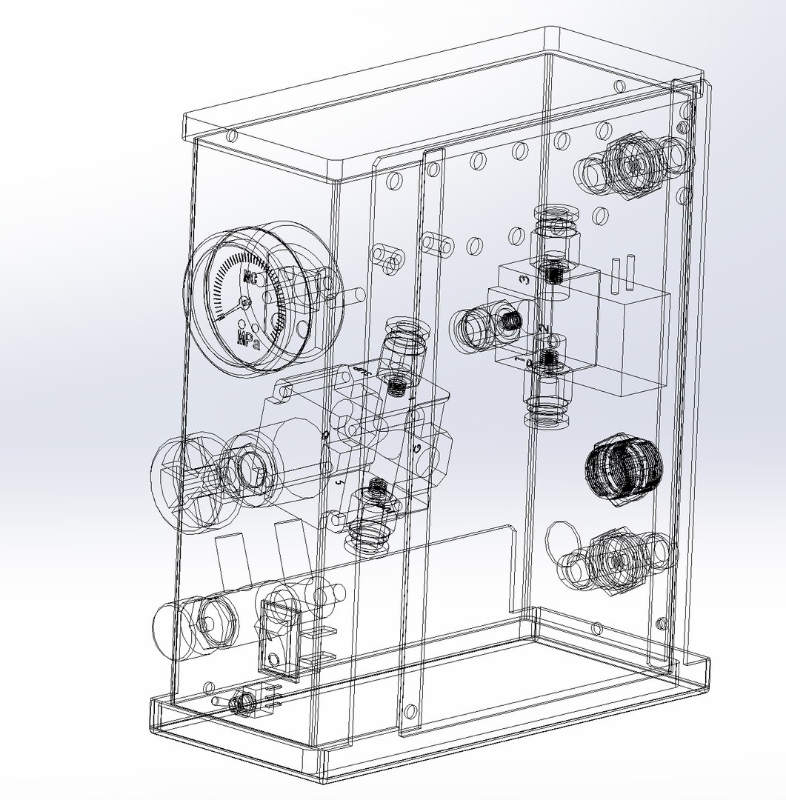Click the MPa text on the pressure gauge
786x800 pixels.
[x=247, y=340]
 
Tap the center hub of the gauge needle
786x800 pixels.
[x=245, y=302]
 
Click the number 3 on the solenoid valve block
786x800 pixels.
[x=524, y=280]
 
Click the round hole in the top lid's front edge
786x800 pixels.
[x=232, y=136]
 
